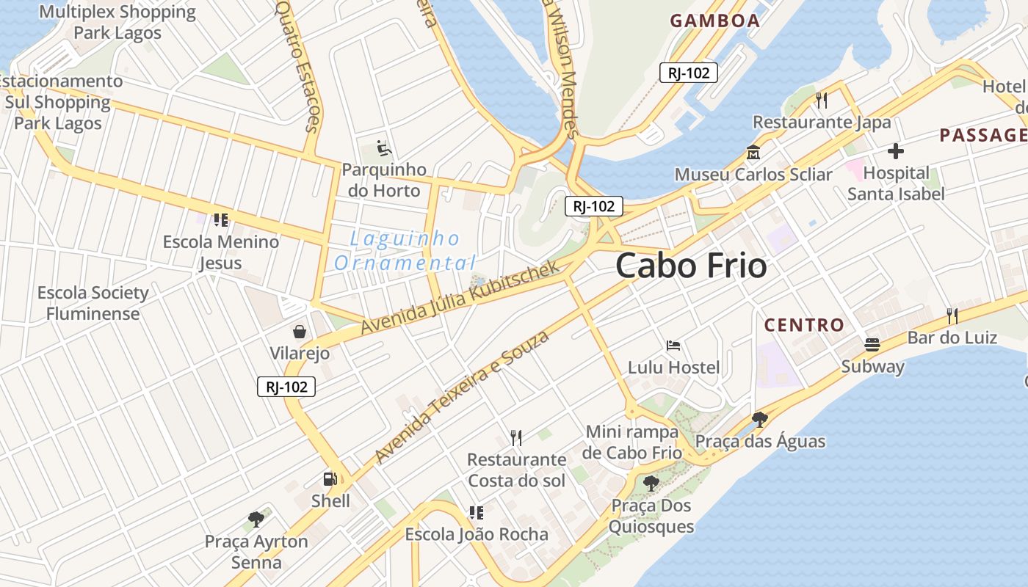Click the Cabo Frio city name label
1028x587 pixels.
pos(691,265)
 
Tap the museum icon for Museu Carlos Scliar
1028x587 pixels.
pos(753,153)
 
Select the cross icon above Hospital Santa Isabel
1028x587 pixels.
pos(895,152)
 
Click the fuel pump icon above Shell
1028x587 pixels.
pos(330,479)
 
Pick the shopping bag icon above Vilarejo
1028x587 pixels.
pos(300,332)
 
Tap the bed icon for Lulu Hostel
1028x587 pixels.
pos(673,345)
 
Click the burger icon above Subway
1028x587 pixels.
pos(872,344)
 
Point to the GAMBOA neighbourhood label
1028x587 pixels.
pos(714,21)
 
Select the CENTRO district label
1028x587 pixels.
pos(804,325)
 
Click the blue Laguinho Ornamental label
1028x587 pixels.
pos(405,250)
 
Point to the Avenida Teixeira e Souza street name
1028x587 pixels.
pos(462,397)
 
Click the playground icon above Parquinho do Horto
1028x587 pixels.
pos(384,148)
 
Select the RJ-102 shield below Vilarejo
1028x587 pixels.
pos(286,387)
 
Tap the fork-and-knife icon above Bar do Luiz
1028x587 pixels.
pos(952,316)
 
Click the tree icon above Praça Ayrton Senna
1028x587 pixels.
pos(256,519)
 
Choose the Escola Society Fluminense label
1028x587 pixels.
pos(93,303)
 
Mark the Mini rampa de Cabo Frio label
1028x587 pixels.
pos(632,442)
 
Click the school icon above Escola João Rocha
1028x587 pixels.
pos(476,512)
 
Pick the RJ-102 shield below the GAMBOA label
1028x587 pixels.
pos(688,73)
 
